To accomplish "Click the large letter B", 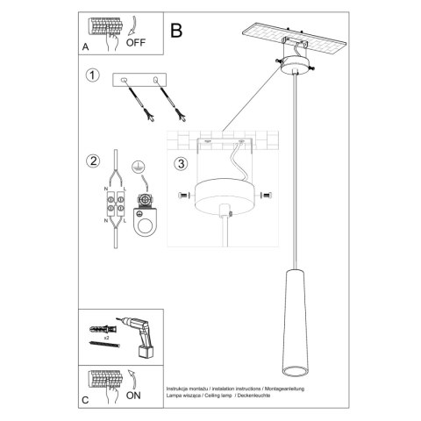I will coord(176,30).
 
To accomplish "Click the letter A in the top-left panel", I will coord(84,46).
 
